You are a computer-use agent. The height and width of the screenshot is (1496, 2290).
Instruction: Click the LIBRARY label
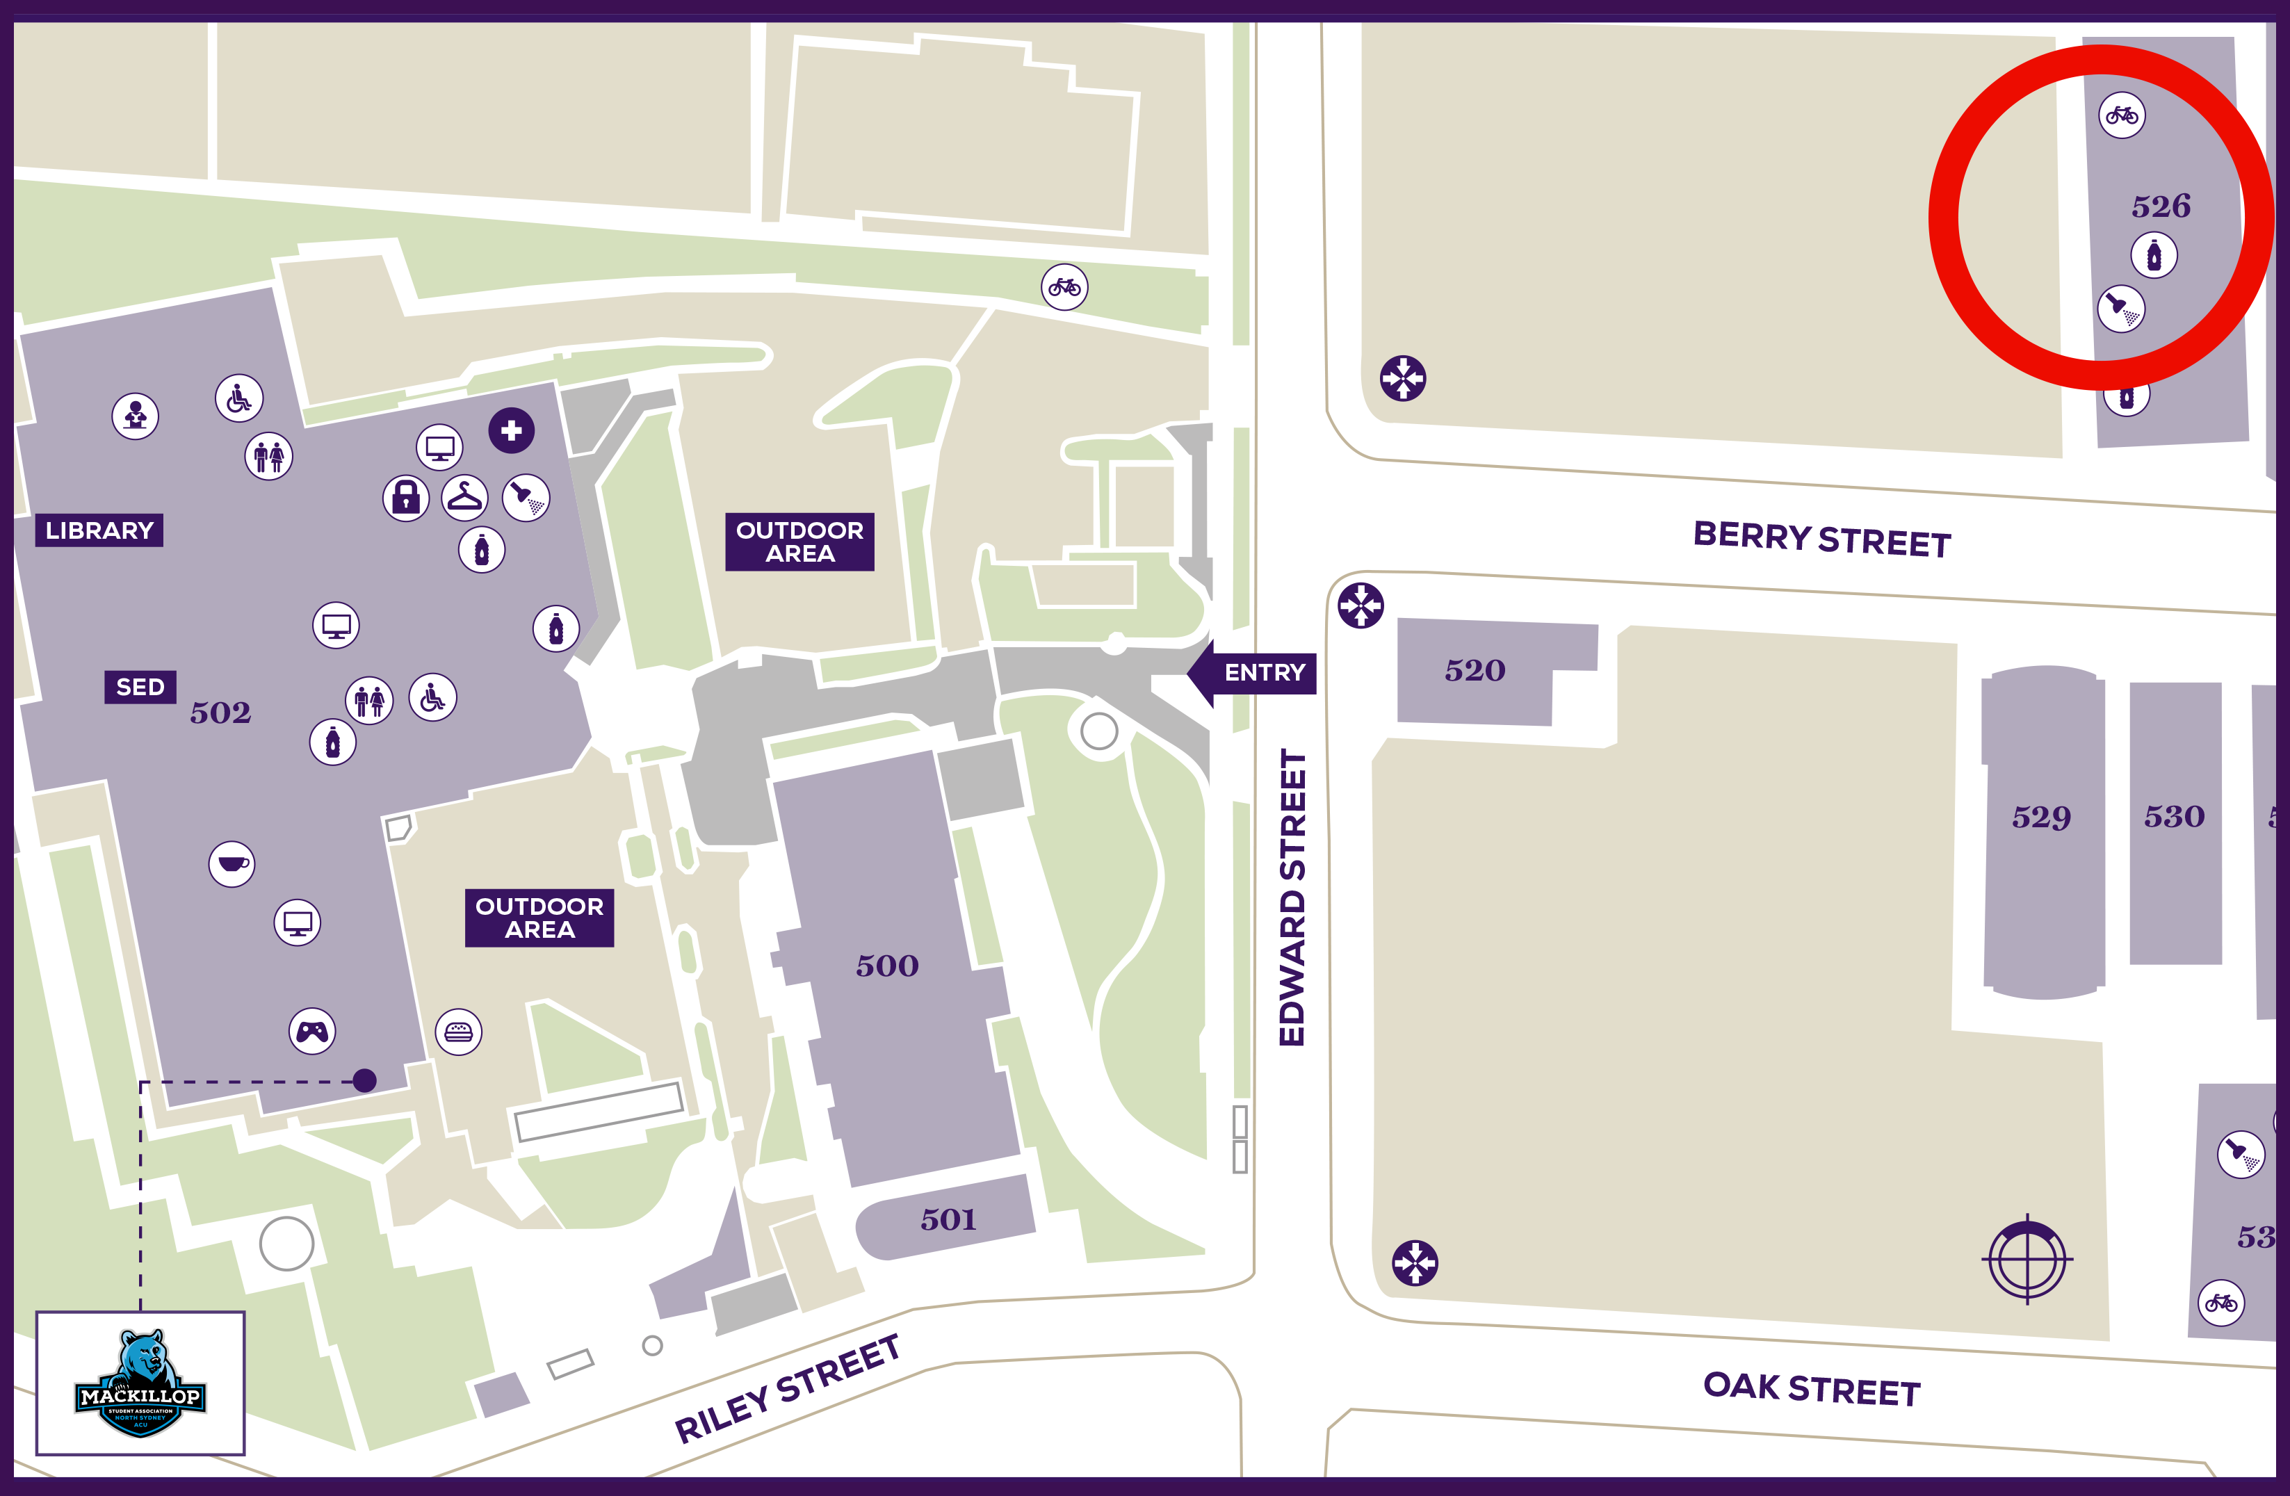coord(99,530)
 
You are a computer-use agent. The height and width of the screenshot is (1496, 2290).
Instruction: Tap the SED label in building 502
coord(140,687)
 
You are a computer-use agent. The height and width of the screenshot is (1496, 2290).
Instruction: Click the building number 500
coord(887,965)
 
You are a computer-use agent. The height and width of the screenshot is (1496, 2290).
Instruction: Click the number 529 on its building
coord(2041,817)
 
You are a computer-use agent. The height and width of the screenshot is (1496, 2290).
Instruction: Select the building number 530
coord(2174,817)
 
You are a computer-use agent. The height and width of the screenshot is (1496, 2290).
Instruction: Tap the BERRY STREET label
coord(1821,539)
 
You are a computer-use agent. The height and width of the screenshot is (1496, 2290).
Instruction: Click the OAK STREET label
coord(1812,1389)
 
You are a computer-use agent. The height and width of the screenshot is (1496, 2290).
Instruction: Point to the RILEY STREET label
coord(787,1388)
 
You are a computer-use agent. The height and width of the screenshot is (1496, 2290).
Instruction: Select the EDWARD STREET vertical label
coord(1292,897)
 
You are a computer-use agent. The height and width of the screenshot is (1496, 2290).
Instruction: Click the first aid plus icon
coord(511,430)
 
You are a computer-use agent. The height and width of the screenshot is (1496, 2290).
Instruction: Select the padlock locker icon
coord(406,497)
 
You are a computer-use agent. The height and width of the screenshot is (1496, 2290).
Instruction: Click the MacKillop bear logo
coord(140,1383)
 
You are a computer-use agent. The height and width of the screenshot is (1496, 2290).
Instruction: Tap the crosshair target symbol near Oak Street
coord(2027,1258)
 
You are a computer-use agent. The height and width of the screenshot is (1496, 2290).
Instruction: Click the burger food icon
coord(459,1032)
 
